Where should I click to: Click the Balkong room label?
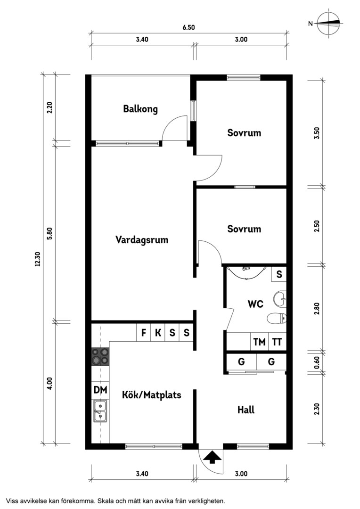point(140,109)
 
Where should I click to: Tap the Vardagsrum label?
point(142,240)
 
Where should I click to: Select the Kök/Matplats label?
point(151,395)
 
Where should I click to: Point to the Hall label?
point(246,410)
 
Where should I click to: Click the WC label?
point(255,304)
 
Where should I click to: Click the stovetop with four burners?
point(100,356)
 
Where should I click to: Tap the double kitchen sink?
point(100,411)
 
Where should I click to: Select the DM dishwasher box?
point(100,390)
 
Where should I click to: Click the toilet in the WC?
point(277,319)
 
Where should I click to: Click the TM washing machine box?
point(259,342)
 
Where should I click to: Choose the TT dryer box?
point(277,342)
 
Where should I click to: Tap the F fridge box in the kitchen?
point(143,333)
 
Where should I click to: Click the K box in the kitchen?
point(158,333)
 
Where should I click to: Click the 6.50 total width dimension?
point(188,28)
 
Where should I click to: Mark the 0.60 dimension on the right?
point(317,361)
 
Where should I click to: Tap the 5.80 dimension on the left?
point(49,233)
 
